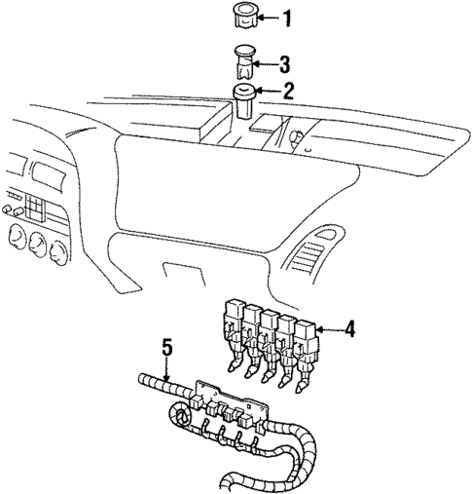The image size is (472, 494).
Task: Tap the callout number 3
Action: coord(284,65)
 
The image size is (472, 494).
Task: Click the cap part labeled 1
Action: coord(241,17)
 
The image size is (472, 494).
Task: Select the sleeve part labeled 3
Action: coord(243,62)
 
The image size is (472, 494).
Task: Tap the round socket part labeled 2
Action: coord(243,97)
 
